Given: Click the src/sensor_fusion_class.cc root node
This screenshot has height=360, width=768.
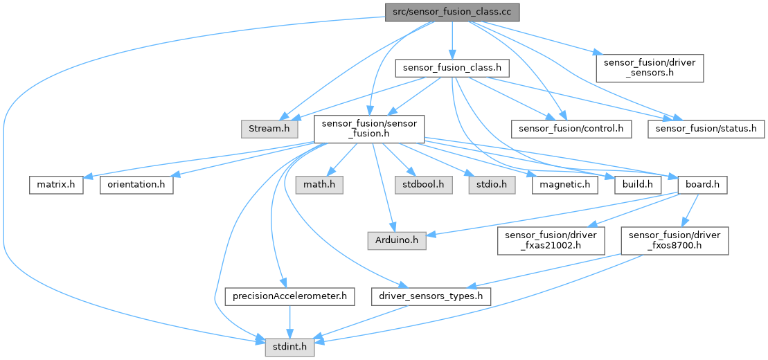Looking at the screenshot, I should [452, 12].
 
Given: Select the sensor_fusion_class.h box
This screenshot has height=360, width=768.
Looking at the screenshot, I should [452, 69].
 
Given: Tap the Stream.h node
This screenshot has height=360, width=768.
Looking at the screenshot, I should [269, 128].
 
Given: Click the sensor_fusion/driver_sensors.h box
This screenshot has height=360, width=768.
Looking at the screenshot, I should [650, 68].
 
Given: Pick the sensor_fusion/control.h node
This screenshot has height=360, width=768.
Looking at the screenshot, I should [571, 128].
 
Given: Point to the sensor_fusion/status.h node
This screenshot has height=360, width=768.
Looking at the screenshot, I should [705, 128].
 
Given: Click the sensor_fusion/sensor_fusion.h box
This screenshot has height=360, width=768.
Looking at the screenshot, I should [368, 128].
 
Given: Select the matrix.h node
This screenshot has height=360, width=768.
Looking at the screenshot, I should [56, 185].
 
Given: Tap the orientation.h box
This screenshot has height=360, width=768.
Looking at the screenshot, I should [136, 185].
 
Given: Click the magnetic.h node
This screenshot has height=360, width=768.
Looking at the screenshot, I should [565, 185].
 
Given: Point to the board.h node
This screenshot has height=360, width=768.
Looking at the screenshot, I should [702, 185].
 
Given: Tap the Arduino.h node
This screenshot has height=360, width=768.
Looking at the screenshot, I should [396, 241].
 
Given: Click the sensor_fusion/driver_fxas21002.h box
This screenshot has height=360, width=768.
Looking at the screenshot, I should [551, 241].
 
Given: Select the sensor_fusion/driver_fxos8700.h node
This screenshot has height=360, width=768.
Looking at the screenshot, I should [674, 241].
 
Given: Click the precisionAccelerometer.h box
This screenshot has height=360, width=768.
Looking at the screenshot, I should [290, 297].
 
